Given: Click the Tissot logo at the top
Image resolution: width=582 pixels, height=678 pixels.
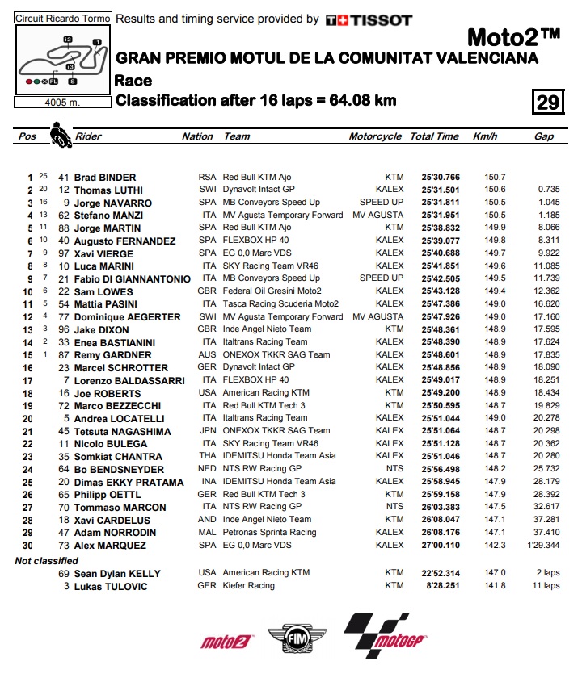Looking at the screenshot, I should pyautogui.click(x=369, y=20).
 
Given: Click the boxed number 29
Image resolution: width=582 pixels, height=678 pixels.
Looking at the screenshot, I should pyautogui.click(x=547, y=102).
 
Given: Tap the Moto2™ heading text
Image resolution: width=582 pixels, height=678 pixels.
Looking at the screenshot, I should pyautogui.click(x=513, y=38).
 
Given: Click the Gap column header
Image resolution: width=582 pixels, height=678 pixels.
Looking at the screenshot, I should pyautogui.click(x=544, y=136).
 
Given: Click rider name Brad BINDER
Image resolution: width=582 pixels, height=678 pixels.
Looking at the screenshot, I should pyautogui.click(x=105, y=177).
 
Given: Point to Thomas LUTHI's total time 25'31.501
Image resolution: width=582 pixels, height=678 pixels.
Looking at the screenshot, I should pyautogui.click(x=441, y=190).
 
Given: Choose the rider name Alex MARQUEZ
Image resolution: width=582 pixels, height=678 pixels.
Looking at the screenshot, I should pyautogui.click(x=111, y=545).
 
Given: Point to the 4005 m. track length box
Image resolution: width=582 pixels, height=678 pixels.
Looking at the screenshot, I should pyautogui.click(x=62, y=102).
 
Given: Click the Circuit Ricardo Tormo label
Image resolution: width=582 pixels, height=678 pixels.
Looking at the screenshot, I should pyautogui.click(x=62, y=17).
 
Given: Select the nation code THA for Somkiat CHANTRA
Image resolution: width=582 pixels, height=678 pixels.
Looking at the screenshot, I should pyautogui.click(x=209, y=456).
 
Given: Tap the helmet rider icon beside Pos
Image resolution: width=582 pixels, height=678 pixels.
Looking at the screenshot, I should pyautogui.click(x=59, y=134).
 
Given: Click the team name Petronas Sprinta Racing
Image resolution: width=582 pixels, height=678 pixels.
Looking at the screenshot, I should pyautogui.click(x=270, y=532).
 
